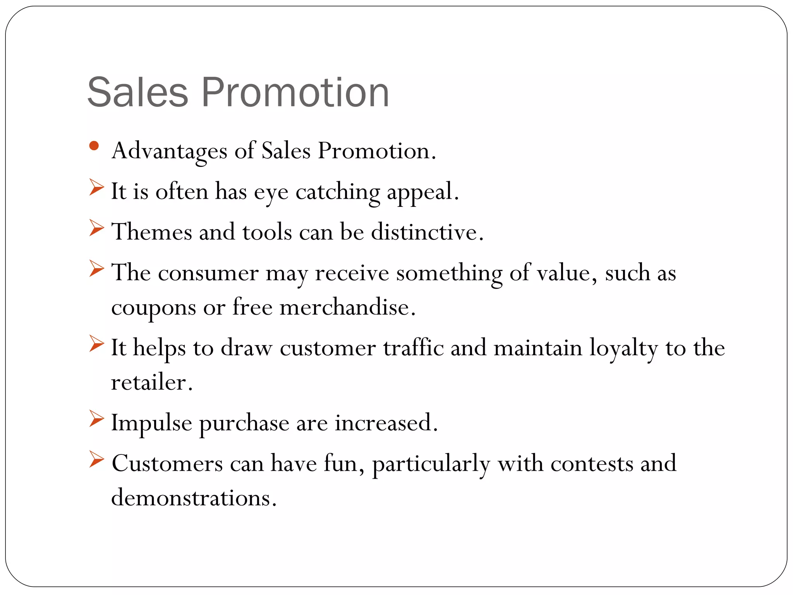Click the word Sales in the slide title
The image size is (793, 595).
(137, 93)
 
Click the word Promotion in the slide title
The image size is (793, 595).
(295, 93)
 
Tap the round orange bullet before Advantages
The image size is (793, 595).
(94, 146)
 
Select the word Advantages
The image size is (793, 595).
(169, 151)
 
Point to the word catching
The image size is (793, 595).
(338, 192)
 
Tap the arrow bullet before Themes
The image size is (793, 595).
(96, 228)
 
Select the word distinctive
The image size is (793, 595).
(427, 232)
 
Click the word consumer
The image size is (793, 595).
(208, 273)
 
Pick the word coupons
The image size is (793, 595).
(153, 308)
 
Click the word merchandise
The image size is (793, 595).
(347, 308)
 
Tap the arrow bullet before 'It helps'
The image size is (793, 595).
(96, 343)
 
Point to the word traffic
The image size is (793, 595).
(413, 347)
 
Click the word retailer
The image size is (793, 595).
(151, 382)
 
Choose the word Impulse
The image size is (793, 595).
(151, 423)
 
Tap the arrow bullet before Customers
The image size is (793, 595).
(96, 459)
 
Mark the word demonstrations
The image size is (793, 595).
(193, 498)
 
